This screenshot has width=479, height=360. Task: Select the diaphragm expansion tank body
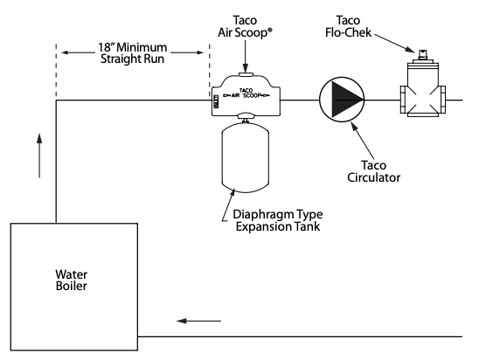(x=245, y=158)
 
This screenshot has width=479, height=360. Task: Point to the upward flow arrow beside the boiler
(x=39, y=156)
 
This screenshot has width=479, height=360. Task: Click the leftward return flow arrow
(x=198, y=321)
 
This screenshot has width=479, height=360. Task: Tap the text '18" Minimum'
(x=132, y=47)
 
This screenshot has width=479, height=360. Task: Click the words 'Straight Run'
(x=132, y=59)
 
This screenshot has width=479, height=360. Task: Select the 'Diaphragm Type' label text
(x=277, y=214)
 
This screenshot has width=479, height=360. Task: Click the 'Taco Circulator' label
(x=373, y=171)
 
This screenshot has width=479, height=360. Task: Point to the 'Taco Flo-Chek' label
(x=348, y=26)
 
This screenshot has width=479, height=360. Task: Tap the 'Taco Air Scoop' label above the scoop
(x=245, y=26)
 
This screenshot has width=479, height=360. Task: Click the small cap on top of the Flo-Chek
(x=423, y=54)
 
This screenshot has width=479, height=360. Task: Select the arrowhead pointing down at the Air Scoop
(x=245, y=68)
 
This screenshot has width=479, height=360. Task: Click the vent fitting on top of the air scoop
(x=245, y=74)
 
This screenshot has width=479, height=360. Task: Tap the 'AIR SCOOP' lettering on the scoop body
(x=246, y=93)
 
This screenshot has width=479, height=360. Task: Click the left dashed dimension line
(x=56, y=71)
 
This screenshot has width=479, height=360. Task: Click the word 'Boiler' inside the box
(x=71, y=286)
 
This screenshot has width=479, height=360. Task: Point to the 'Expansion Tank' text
(x=278, y=226)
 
